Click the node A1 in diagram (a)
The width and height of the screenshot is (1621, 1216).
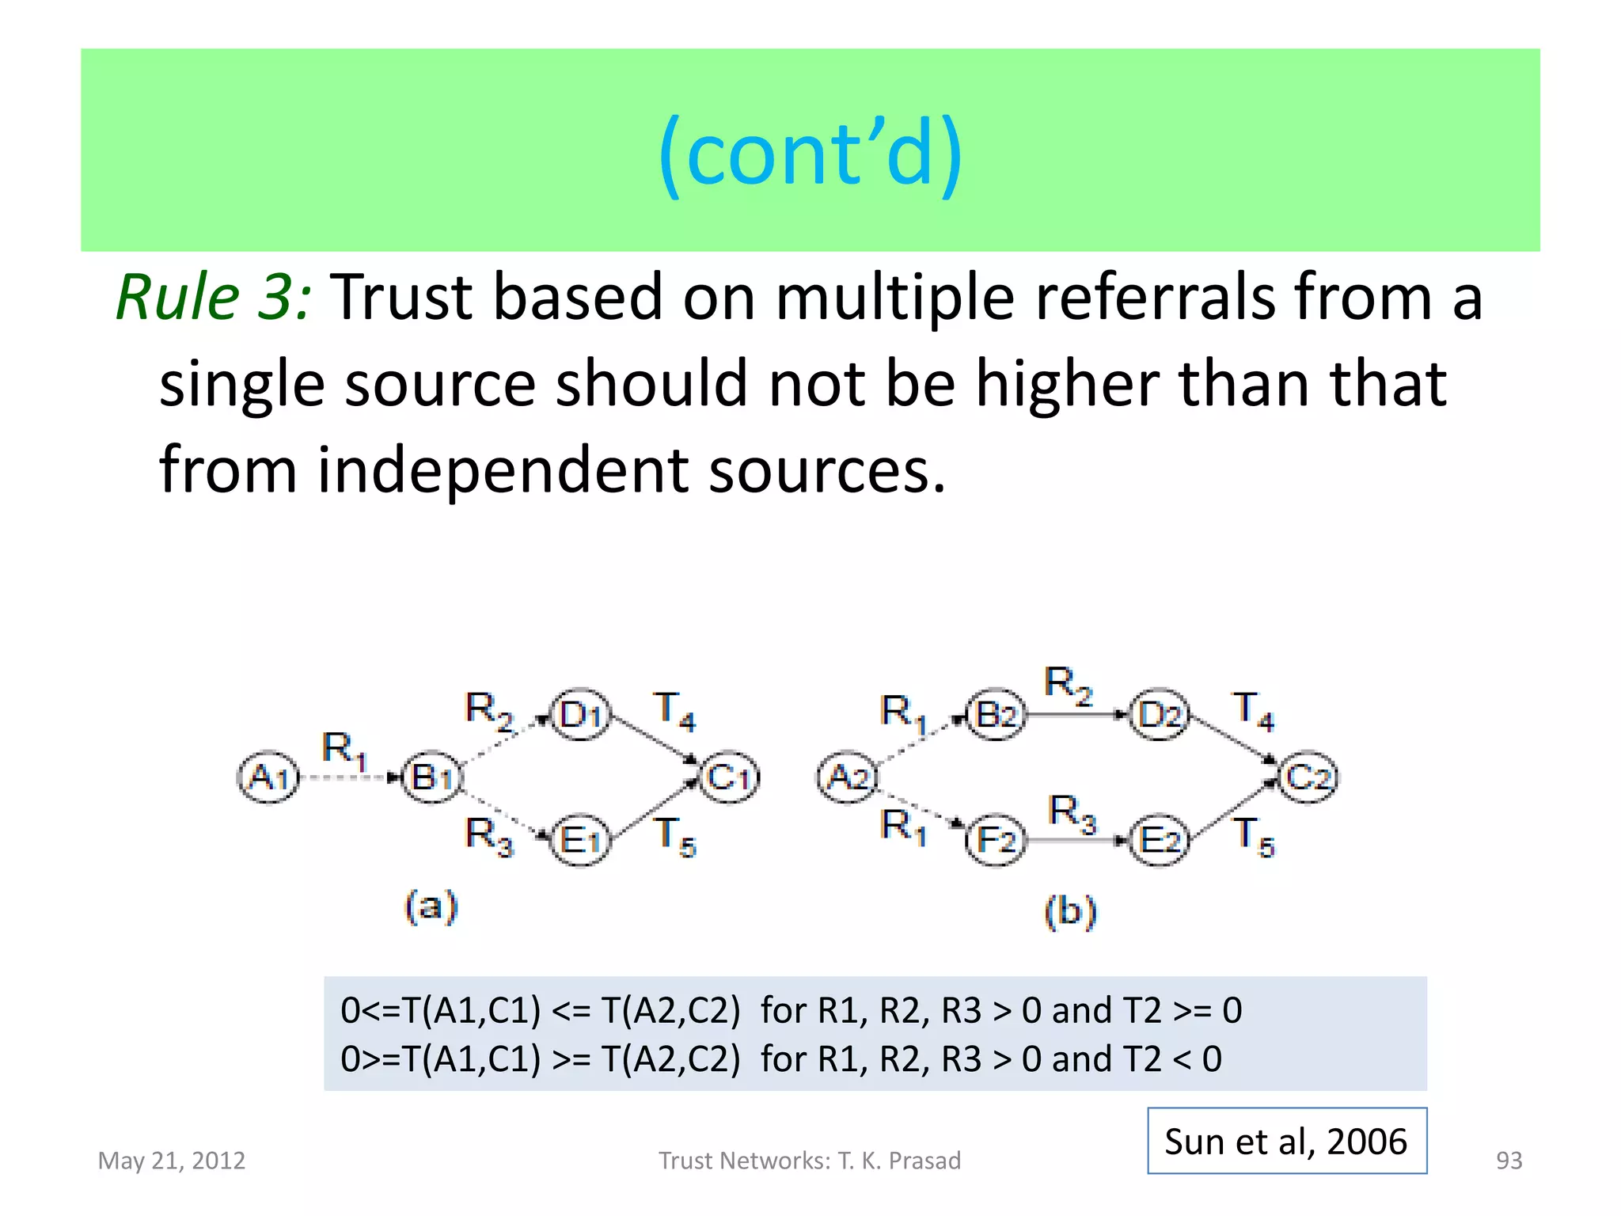point(269,777)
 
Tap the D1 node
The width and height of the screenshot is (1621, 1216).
point(581,715)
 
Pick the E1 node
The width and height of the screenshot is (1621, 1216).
point(581,840)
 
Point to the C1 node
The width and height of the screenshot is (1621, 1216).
point(729,777)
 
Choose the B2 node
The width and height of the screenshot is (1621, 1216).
point(996,715)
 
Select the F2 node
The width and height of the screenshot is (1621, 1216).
point(996,840)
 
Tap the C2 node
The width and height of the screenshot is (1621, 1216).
point(1308,777)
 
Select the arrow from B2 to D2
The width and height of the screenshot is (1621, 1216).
point(1076,715)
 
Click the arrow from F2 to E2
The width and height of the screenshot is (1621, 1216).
point(1076,840)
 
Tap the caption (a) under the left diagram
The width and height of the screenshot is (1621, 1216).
point(431,906)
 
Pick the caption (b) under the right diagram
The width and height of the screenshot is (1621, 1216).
point(1070,911)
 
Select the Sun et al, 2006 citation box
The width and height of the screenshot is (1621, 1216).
point(1287,1141)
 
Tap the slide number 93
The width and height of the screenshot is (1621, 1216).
point(1509,1161)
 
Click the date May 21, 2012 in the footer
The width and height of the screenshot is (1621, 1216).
point(172,1161)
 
